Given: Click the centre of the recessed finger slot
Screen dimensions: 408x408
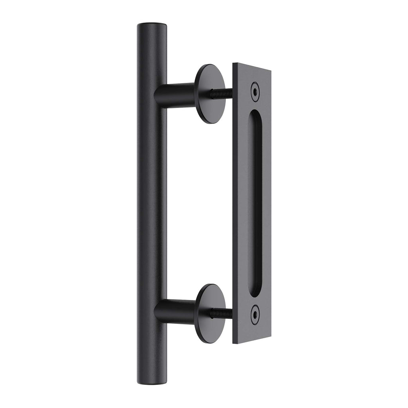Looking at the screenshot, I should [255, 203].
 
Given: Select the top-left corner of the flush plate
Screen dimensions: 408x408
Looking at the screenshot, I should [233, 64].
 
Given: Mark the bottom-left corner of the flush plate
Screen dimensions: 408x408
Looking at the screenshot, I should [233, 343].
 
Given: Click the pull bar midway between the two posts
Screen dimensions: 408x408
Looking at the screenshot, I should [152, 203].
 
